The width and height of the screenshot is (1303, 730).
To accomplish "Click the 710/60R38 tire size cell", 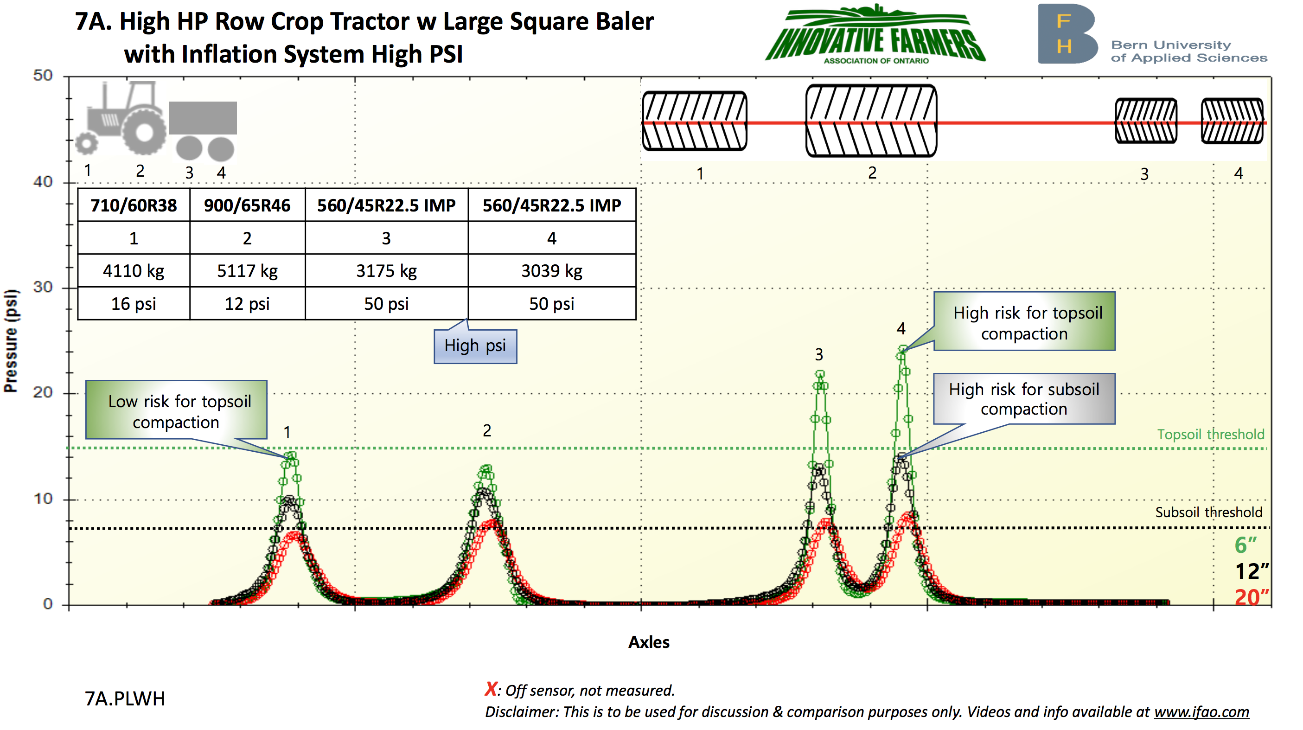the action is [134, 205].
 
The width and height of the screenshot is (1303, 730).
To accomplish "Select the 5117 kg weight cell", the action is [247, 271].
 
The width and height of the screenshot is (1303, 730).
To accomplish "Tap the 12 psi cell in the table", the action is [247, 303].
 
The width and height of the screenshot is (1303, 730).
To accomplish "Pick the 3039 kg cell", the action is [552, 271].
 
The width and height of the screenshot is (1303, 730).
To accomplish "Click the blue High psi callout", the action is [475, 346].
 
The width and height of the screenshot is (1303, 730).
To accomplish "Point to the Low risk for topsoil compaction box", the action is [176, 410].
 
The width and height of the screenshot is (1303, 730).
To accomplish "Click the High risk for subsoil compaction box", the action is [1024, 399].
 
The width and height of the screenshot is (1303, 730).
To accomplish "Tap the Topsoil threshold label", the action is [1210, 435].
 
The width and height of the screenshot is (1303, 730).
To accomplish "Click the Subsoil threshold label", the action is [1208, 512].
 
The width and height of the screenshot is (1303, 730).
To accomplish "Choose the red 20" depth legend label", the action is [1252, 597].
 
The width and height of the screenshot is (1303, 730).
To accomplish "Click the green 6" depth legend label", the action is [1246, 545].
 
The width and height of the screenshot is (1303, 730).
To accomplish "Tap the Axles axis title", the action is [649, 642].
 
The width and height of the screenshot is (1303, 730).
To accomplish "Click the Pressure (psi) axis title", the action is [11, 341].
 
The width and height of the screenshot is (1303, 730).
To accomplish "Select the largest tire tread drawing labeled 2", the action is [871, 121].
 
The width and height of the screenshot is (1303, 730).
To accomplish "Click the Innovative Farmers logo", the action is [875, 34].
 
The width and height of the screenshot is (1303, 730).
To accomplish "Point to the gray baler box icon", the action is [202, 118].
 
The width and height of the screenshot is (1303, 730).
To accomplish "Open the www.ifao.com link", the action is [1201, 712].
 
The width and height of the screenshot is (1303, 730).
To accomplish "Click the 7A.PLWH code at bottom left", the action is [125, 698].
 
